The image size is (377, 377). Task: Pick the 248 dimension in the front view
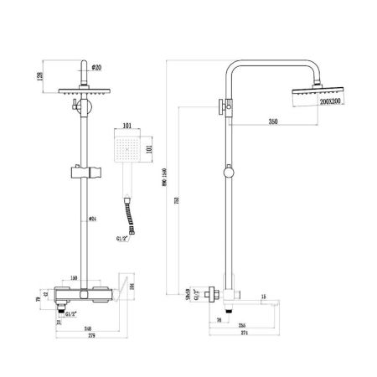86,329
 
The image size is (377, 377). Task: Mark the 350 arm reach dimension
272,121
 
